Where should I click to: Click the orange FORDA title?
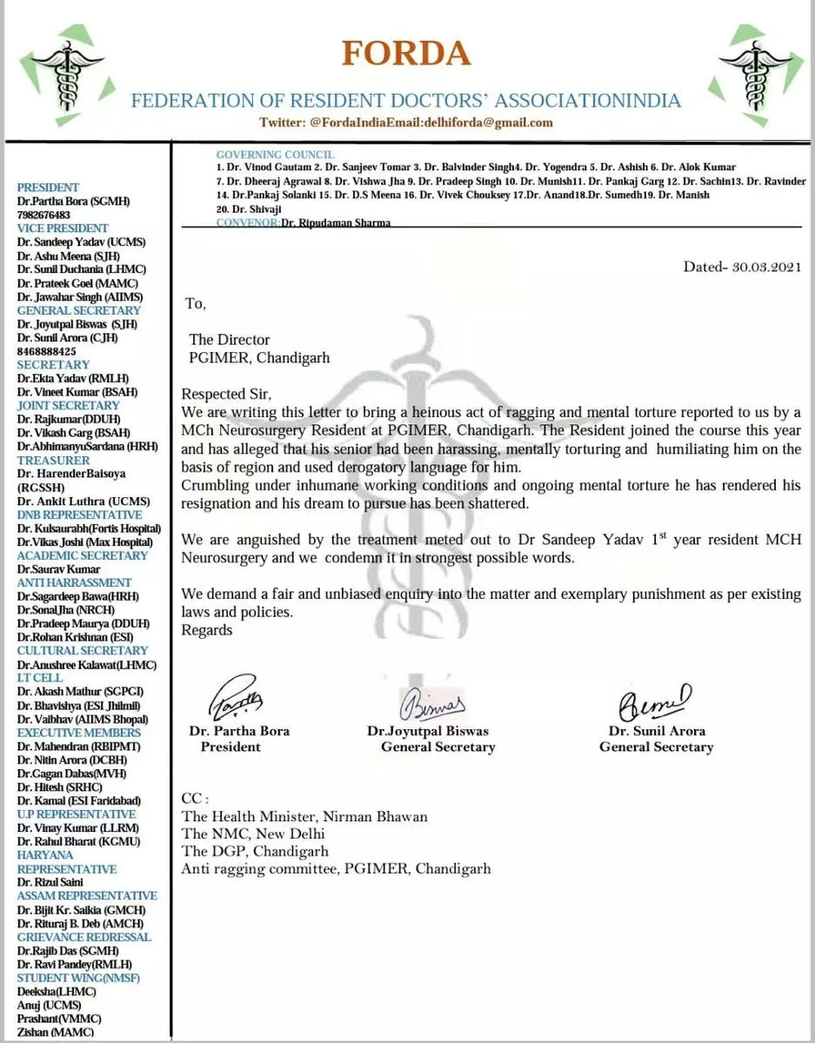pos(406,53)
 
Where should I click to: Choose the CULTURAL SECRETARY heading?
pos(83,650)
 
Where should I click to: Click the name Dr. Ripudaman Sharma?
pos(336,223)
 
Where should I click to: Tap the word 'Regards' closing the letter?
pos(207,630)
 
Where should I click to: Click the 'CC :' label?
pos(195,799)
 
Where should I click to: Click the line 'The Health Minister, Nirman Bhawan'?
pos(304,816)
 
